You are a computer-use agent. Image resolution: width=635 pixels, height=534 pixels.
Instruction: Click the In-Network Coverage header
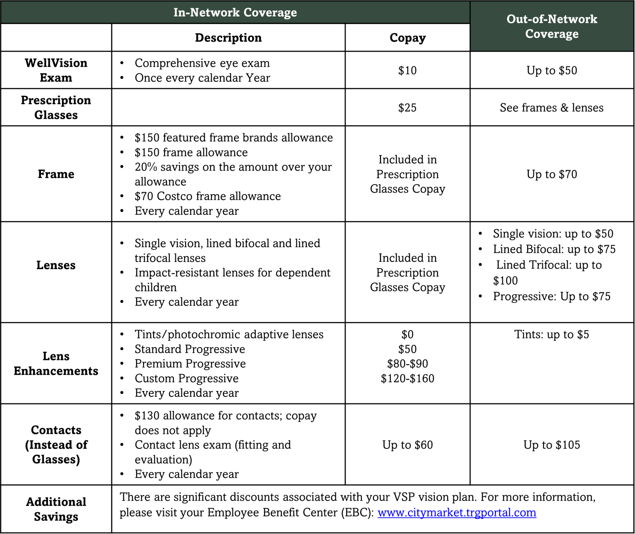(x=235, y=12)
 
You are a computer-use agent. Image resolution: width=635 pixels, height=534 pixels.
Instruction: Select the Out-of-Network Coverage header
(x=551, y=26)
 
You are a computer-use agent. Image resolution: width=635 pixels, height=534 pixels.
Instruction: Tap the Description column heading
(x=228, y=38)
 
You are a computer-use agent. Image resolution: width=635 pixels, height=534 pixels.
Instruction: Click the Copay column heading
(x=407, y=38)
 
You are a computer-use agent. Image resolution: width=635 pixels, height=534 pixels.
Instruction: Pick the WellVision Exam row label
(x=56, y=70)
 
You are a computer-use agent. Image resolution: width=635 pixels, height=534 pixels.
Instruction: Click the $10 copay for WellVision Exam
(x=407, y=70)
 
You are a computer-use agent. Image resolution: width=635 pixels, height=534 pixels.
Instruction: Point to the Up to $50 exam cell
(x=551, y=70)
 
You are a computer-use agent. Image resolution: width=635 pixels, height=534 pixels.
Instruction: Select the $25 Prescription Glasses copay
(x=407, y=107)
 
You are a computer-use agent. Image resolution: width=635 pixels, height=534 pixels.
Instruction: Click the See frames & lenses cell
(x=551, y=107)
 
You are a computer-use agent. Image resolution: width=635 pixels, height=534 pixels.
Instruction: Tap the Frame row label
(x=56, y=174)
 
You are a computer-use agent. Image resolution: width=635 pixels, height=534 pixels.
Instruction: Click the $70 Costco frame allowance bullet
(x=208, y=196)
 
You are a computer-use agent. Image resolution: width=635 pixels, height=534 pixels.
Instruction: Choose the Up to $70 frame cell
(x=551, y=174)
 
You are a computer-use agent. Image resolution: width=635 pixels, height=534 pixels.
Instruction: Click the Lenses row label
(x=56, y=265)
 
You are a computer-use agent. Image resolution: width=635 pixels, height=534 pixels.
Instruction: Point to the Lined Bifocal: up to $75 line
(x=554, y=249)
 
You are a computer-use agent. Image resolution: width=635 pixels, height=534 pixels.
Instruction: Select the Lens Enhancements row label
(x=56, y=363)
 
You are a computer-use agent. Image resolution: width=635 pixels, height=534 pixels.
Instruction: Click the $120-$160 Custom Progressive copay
(x=407, y=379)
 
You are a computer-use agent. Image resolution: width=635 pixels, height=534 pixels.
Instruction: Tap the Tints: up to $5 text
(x=551, y=334)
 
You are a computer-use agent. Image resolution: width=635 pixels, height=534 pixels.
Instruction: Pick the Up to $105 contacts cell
(x=551, y=445)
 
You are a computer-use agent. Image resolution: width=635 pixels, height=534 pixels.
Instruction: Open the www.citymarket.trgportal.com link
(x=457, y=513)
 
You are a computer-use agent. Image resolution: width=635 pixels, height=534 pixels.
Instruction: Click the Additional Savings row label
(x=56, y=509)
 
